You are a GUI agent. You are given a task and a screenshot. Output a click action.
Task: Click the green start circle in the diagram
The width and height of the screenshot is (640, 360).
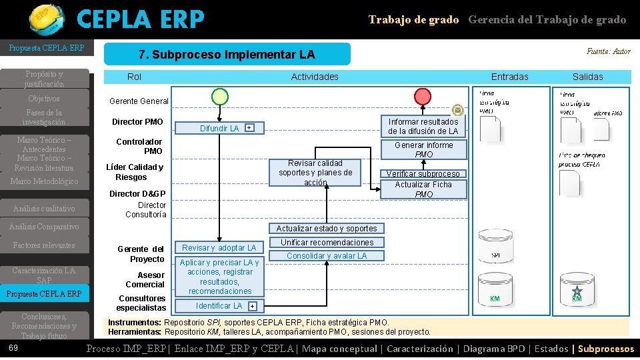tap(220, 97)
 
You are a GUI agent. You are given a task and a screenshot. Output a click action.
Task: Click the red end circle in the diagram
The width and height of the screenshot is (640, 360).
tap(423, 97)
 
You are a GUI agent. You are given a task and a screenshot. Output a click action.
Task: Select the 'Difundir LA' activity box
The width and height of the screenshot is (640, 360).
tap(220, 128)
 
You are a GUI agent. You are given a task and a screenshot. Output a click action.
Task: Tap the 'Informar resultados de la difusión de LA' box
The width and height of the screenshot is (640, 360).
tap(423, 126)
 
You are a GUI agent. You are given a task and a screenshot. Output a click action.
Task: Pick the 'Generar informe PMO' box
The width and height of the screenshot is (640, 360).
tap(423, 149)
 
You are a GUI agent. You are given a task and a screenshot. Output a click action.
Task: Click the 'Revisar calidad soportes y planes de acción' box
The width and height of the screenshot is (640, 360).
tap(315, 172)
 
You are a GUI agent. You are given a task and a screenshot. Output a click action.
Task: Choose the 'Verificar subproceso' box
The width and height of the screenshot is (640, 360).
tap(423, 174)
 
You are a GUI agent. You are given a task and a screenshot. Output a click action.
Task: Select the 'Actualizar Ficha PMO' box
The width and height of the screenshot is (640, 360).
tap(423, 189)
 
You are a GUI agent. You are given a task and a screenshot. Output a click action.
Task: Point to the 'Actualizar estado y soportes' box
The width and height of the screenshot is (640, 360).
tap(327, 228)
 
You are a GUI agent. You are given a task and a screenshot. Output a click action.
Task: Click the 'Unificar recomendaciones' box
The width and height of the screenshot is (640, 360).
tap(327, 242)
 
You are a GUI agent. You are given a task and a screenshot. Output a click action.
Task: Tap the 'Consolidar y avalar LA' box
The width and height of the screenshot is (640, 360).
tap(327, 255)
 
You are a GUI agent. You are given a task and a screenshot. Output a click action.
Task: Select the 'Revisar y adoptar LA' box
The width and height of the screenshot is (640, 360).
tap(219, 247)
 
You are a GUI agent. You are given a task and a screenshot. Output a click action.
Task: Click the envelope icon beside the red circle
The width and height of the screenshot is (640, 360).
tap(458, 110)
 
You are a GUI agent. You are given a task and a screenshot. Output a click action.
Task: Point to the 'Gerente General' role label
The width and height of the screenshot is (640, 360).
tap(139, 101)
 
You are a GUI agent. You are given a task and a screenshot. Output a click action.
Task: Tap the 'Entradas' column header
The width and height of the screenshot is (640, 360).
tap(509, 77)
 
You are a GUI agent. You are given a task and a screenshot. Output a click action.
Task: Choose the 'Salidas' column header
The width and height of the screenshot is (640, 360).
tap(587, 77)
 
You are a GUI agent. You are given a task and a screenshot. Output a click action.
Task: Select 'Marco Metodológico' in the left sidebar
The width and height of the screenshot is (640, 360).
tap(44, 181)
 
